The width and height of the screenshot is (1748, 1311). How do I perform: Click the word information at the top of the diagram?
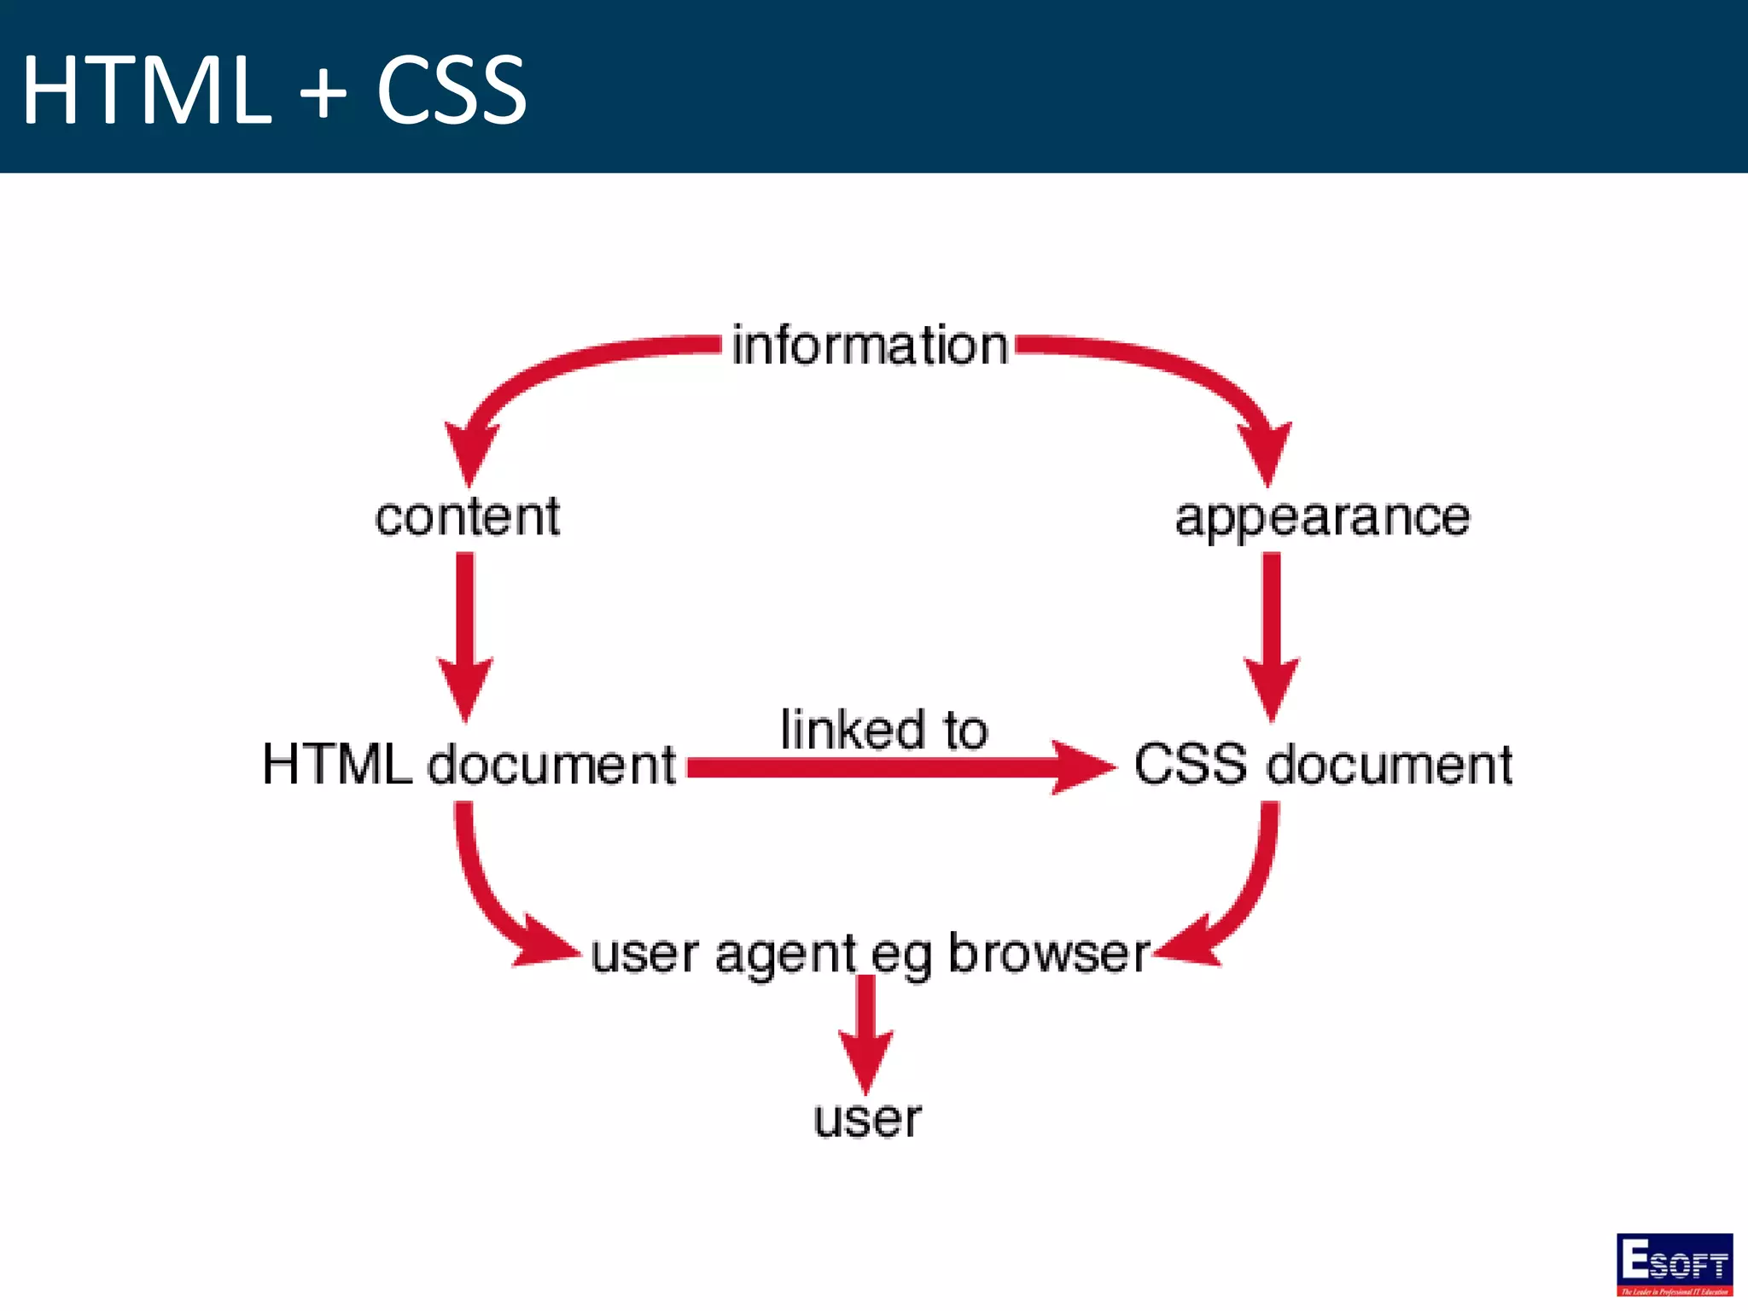click(870, 347)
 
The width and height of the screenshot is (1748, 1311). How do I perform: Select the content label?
click(468, 517)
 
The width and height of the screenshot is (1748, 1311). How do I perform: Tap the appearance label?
click(1322, 517)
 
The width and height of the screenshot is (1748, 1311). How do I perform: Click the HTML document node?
click(469, 764)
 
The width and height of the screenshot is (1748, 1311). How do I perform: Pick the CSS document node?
click(1323, 764)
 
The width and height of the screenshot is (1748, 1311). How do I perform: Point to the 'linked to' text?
click(884, 730)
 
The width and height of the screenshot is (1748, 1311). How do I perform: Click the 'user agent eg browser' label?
click(870, 953)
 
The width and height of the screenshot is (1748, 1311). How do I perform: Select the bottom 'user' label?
click(867, 1118)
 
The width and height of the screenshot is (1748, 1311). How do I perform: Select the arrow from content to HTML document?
click(465, 632)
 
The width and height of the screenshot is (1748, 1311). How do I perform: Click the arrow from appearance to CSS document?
click(1272, 632)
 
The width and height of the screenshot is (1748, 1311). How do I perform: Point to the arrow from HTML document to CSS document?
click(896, 767)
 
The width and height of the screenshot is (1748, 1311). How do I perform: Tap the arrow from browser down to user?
click(866, 1033)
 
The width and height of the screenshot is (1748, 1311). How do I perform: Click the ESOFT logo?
click(1674, 1264)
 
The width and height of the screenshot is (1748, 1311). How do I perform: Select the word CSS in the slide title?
click(451, 90)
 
